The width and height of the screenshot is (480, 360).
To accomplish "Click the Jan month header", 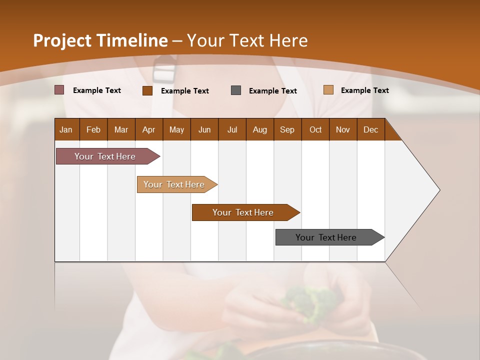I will (66, 129).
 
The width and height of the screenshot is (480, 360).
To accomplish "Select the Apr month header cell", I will (148, 129).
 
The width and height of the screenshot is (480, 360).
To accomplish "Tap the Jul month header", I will (232, 129).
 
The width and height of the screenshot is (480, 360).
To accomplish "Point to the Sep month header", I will (287, 129).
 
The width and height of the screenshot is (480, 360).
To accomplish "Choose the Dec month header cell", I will (370, 129).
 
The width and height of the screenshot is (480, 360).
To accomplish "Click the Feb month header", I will (93, 129).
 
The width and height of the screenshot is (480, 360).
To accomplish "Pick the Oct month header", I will (315, 129).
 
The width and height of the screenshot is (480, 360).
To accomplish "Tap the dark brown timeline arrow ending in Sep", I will (243, 212).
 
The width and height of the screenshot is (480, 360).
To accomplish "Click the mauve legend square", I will (59, 90).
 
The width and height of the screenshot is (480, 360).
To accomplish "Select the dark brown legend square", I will (147, 90).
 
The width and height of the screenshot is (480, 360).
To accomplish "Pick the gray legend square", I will (236, 90).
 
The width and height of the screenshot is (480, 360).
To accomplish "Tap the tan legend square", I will (328, 90).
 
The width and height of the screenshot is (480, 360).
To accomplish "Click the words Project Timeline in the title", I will (100, 40).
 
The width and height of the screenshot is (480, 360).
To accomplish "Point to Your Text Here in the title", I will (247, 40).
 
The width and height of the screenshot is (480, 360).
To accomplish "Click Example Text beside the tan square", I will (364, 90).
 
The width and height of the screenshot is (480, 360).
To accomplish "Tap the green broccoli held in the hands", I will (302, 302).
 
